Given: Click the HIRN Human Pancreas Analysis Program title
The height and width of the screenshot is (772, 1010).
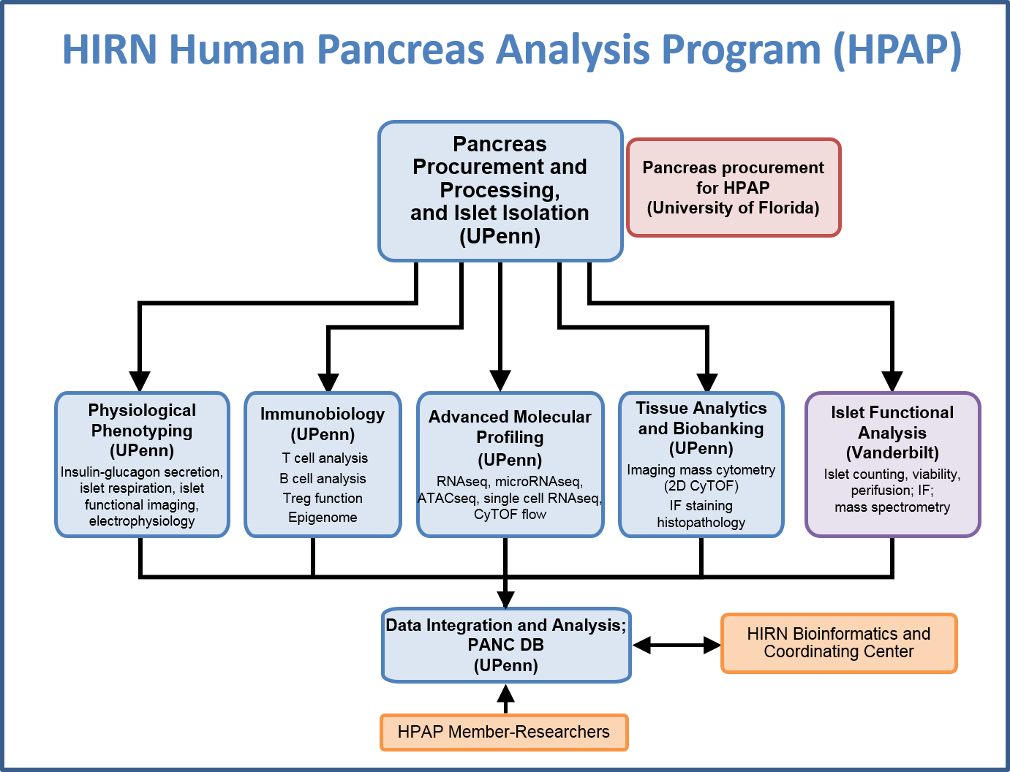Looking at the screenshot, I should [x=511, y=50].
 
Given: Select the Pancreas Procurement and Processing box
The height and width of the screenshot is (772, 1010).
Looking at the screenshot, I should [x=500, y=190].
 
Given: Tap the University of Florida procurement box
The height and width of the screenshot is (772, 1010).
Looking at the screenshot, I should [x=733, y=188].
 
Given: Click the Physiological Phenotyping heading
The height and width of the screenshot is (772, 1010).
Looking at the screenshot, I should [x=142, y=430].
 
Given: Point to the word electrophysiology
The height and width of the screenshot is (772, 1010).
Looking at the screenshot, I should [x=142, y=521].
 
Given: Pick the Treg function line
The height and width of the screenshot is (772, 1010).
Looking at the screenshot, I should [x=323, y=499].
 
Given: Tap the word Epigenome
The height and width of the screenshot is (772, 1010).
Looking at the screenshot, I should [x=323, y=518].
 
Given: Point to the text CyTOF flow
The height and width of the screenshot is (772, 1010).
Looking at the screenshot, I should [x=510, y=515].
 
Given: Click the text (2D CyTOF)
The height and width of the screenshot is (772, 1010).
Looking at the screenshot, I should [x=701, y=486].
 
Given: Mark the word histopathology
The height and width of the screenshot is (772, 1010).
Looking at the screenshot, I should [x=701, y=523].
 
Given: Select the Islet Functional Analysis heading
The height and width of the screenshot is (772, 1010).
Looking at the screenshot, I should [x=892, y=432].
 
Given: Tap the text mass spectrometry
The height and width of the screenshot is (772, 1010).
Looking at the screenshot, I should [x=892, y=507].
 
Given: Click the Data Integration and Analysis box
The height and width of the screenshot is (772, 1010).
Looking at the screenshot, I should [x=505, y=645].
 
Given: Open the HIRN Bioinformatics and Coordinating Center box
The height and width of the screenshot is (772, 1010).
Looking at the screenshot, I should [x=838, y=643].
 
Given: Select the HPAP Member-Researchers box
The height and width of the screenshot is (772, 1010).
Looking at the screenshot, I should [x=503, y=732].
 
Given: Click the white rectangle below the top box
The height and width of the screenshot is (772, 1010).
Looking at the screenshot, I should [x=511, y=338].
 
